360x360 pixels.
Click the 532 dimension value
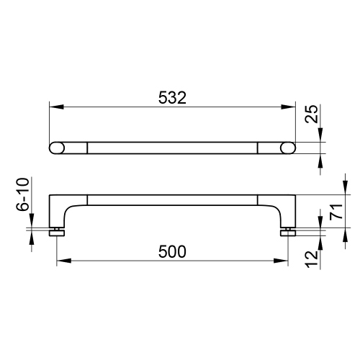click(172, 98)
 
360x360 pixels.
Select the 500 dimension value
click(172, 251)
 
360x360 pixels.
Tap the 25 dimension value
click(312, 114)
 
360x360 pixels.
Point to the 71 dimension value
click(336, 211)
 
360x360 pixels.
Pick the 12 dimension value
click(312, 259)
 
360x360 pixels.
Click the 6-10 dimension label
click(23, 194)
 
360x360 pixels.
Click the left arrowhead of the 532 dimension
click(56, 107)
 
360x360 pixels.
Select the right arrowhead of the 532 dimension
click(288, 107)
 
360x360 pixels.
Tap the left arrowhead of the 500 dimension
click(64, 261)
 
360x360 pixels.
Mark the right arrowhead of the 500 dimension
click(281, 261)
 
